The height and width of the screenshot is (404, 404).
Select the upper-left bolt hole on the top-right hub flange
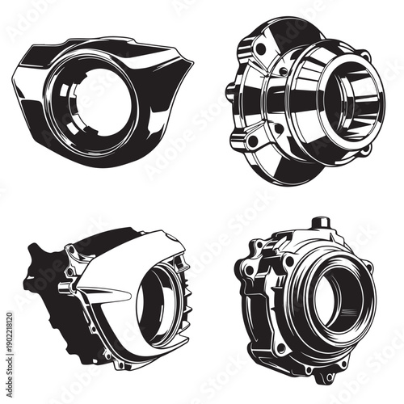coord(260,48)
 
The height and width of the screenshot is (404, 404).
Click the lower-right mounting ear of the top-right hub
coord(365,149)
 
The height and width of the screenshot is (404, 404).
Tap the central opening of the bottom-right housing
coord(333,297)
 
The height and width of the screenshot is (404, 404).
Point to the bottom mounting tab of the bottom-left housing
coord(121,361)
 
